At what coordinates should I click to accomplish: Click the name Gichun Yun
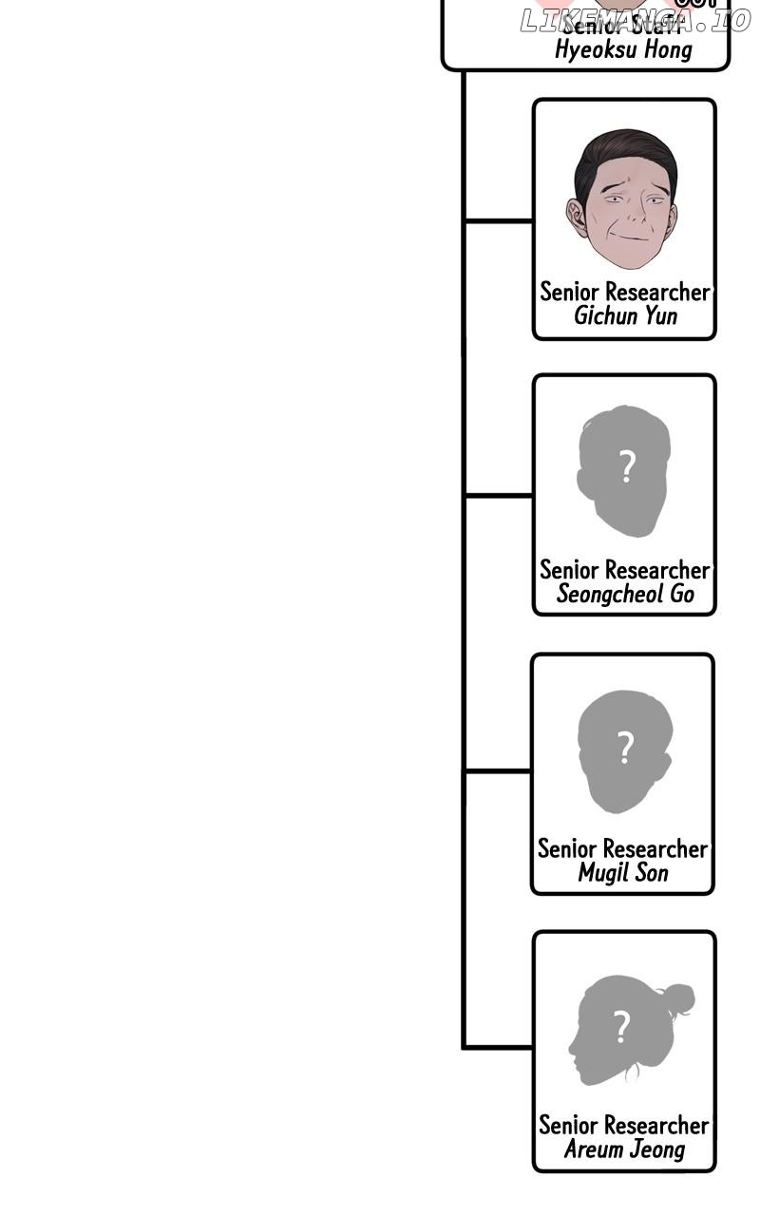(625, 315)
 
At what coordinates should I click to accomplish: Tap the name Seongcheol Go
(625, 595)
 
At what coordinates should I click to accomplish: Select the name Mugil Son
(623, 872)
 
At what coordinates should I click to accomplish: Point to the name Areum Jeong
(624, 1149)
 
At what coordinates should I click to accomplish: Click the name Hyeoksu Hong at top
(623, 50)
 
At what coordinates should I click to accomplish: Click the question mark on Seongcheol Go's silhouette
(626, 467)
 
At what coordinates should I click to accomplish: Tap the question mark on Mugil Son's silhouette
(625, 748)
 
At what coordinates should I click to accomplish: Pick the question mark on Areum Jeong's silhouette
(622, 1026)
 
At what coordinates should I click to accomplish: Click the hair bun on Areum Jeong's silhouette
(677, 998)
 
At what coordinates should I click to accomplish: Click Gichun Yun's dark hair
(622, 152)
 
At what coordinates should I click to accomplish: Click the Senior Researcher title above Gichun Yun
(625, 292)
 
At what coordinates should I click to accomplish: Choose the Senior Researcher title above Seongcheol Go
(625, 570)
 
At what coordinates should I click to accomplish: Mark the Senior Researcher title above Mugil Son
(623, 848)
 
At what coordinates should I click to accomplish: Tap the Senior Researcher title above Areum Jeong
(624, 1126)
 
